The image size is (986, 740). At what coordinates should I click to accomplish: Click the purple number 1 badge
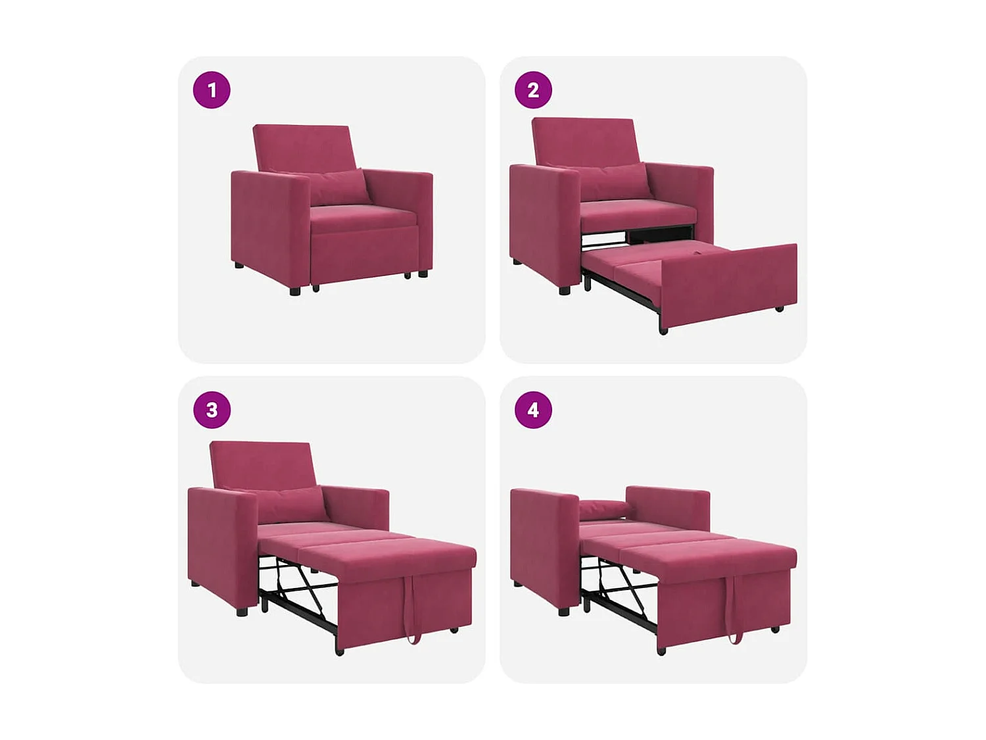click(212, 90)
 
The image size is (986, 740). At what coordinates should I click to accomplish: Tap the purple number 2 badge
click(533, 90)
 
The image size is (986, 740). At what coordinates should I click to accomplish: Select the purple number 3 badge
click(212, 410)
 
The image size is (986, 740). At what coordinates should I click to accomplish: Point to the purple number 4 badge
click(533, 410)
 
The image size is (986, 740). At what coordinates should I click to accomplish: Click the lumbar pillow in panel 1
click(335, 185)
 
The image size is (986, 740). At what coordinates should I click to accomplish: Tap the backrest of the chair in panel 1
click(304, 146)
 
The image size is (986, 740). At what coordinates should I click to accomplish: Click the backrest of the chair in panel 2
click(585, 139)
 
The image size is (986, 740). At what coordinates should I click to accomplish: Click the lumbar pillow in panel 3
click(293, 503)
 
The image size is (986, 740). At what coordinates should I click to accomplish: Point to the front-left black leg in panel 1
click(295, 290)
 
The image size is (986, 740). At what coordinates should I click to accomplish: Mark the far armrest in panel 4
click(667, 506)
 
